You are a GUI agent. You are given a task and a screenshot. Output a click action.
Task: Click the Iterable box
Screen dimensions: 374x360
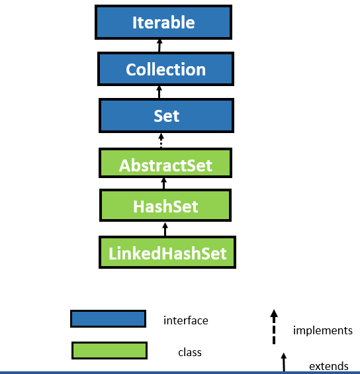[x=163, y=23]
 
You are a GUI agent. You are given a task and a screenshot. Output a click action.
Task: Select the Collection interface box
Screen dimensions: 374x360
[x=165, y=70]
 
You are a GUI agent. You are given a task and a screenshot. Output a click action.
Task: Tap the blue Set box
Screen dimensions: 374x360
[x=166, y=116]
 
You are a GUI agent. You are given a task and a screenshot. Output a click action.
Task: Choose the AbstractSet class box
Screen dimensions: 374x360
[x=165, y=164]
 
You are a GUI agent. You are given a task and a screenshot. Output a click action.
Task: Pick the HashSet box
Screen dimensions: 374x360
[x=165, y=206]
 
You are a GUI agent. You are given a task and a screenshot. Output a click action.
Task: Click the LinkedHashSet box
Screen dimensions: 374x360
[x=167, y=252]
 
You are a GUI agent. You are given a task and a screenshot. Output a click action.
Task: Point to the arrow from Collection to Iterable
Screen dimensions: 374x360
[x=159, y=46]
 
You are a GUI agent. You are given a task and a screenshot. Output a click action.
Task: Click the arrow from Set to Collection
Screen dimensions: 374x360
[x=159, y=93]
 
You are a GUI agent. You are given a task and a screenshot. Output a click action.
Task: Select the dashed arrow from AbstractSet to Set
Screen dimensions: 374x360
[x=160, y=140]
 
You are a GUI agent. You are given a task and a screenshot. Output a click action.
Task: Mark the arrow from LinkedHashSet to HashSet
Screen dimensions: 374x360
[x=165, y=228]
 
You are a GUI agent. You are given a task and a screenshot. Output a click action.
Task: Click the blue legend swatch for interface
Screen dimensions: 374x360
[x=108, y=319]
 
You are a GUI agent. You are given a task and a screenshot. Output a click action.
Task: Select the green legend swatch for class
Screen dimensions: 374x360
[x=109, y=350]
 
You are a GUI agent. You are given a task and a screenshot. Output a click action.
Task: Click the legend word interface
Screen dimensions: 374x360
[x=186, y=320]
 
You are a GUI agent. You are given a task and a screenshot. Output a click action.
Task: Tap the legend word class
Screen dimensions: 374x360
[x=190, y=353]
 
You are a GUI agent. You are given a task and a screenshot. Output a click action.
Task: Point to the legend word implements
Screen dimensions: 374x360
[x=322, y=330]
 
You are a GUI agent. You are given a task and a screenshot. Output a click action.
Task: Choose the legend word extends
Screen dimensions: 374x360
[x=328, y=366]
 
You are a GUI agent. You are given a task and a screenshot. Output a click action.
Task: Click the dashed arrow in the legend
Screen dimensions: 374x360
[x=274, y=327]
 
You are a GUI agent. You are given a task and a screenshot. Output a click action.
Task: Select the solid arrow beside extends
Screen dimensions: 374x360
[x=284, y=362]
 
